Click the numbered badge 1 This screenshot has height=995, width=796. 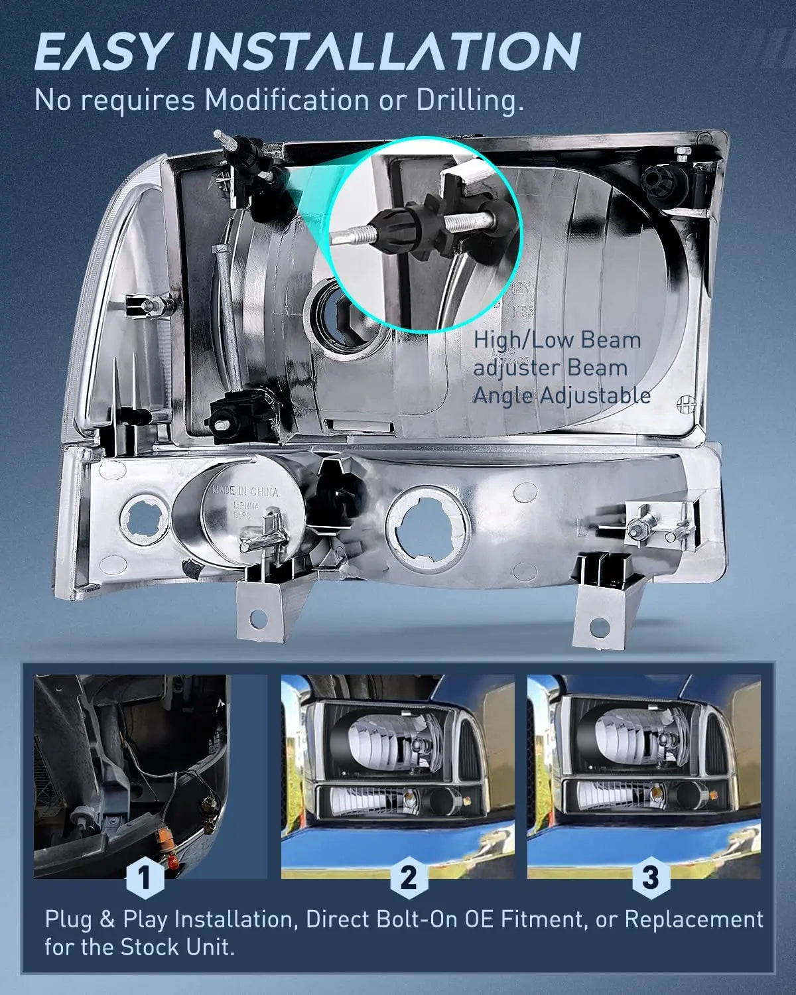coord(144,878)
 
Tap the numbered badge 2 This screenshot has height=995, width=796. coord(408,878)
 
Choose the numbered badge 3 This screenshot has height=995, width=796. coord(650,878)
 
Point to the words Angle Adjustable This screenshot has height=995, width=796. coord(561,396)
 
